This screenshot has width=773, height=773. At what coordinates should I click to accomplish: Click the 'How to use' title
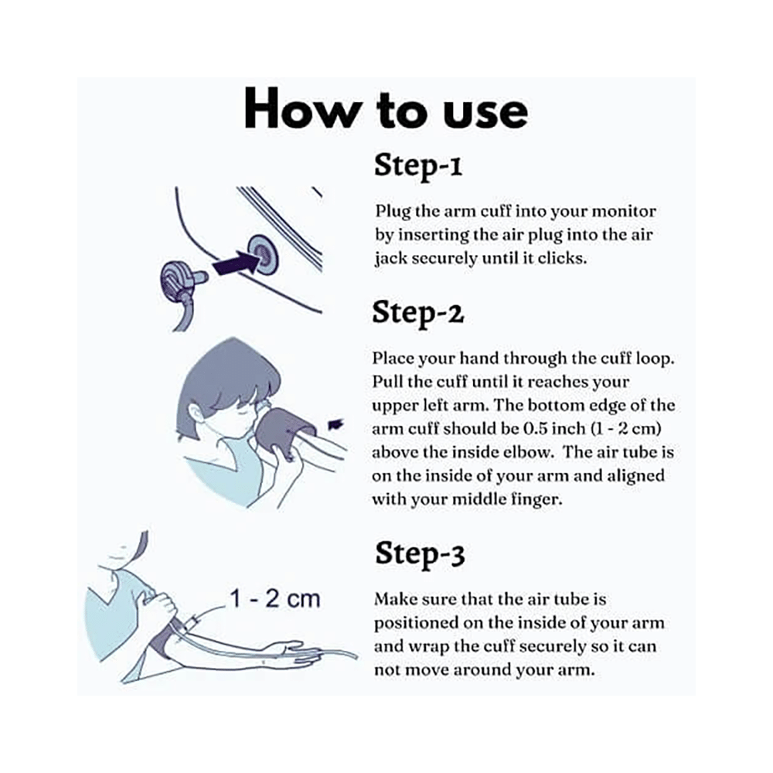[x=386, y=110]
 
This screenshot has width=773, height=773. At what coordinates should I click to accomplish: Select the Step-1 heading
[x=418, y=165]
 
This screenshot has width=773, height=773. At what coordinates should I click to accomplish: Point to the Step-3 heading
[x=420, y=553]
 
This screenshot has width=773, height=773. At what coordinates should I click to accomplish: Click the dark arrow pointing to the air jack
[x=236, y=263]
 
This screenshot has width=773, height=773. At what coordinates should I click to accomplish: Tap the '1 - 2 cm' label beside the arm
[x=275, y=598]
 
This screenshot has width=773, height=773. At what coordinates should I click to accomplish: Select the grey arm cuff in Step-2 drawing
[x=286, y=427]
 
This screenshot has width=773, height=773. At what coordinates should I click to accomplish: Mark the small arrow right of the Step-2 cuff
[x=336, y=424]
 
